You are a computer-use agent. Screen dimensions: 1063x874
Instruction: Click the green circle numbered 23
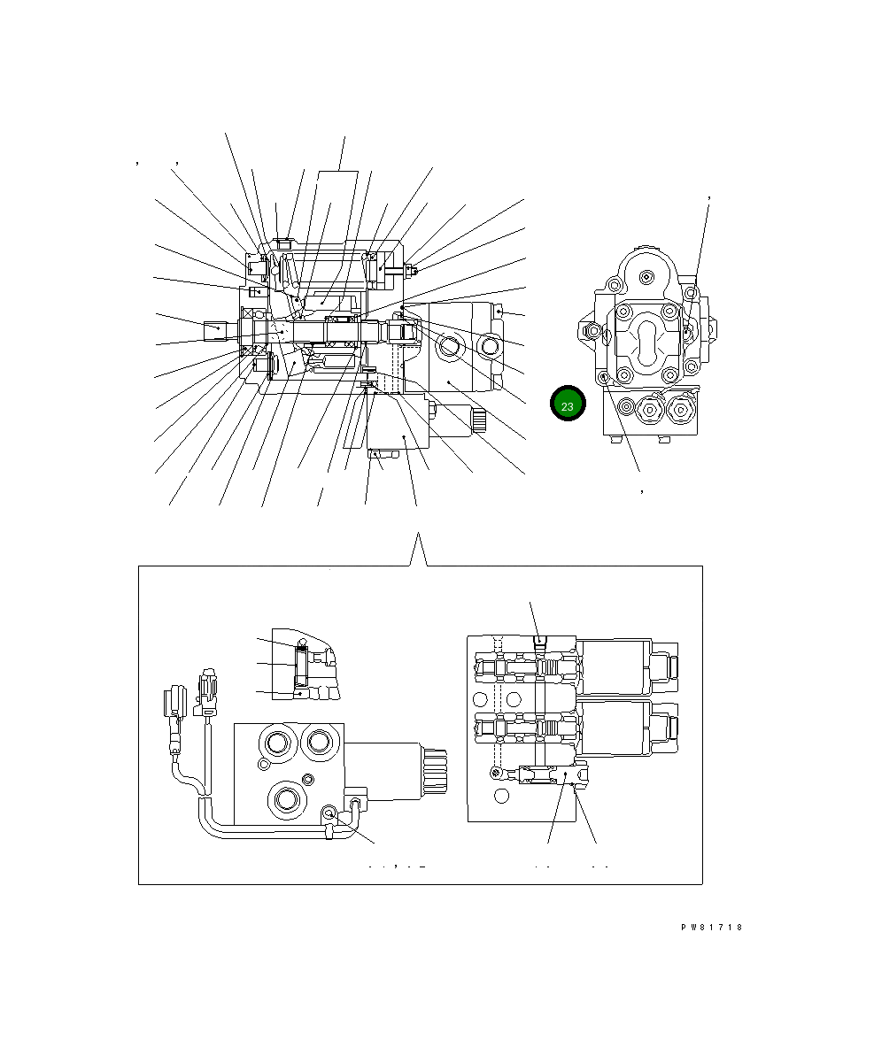[567, 404]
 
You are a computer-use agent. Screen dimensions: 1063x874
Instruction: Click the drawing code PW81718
[711, 928]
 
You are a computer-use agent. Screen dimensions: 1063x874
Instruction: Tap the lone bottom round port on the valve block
[288, 799]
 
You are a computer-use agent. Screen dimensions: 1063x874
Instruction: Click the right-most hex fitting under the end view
[679, 410]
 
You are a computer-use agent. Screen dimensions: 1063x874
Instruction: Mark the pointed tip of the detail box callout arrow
[416, 535]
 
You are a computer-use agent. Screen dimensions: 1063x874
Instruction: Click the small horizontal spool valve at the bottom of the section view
[542, 776]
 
